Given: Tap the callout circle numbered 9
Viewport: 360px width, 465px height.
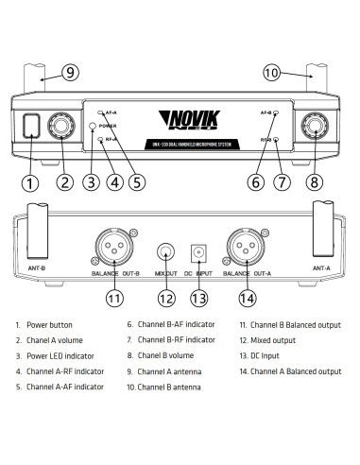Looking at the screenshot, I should pyautogui.click(x=71, y=72).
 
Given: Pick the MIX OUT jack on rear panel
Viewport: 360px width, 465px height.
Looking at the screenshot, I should pyautogui.click(x=167, y=253).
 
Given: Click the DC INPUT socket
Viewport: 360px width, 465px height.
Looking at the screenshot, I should pyautogui.click(x=198, y=253).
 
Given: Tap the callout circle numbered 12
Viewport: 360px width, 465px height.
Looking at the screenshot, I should pyautogui.click(x=167, y=299).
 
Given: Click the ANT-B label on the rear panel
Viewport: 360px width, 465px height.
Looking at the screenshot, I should pyautogui.click(x=35, y=267).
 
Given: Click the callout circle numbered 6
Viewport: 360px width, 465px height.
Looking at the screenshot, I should pyautogui.click(x=257, y=181).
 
